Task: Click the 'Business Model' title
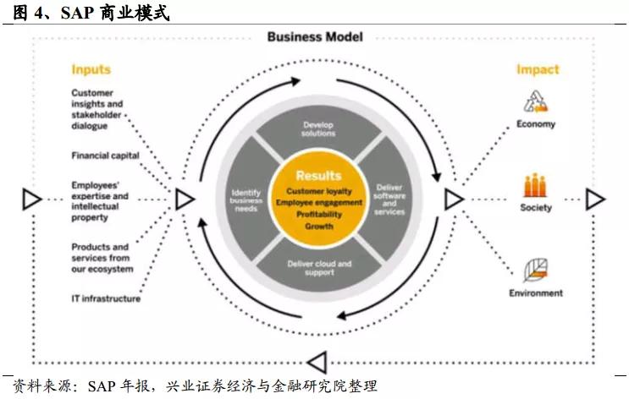(315, 37)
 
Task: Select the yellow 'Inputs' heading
(91, 69)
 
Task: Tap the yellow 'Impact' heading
(538, 69)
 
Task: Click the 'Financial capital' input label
(106, 156)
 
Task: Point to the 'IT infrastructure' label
(106, 298)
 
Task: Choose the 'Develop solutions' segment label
(318, 129)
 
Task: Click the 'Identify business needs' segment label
(246, 200)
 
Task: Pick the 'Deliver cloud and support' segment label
(319, 268)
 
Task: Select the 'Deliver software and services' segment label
(389, 199)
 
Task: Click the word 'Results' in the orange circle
(319, 176)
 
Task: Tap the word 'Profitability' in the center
(319, 215)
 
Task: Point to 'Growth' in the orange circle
(319, 227)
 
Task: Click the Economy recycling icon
(536, 101)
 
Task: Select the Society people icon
(535, 185)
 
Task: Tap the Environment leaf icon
(536, 271)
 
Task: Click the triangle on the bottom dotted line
(317, 363)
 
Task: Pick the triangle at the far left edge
(31, 199)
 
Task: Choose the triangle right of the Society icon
(595, 199)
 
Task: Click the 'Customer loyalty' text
(319, 191)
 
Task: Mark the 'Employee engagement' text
(319, 203)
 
